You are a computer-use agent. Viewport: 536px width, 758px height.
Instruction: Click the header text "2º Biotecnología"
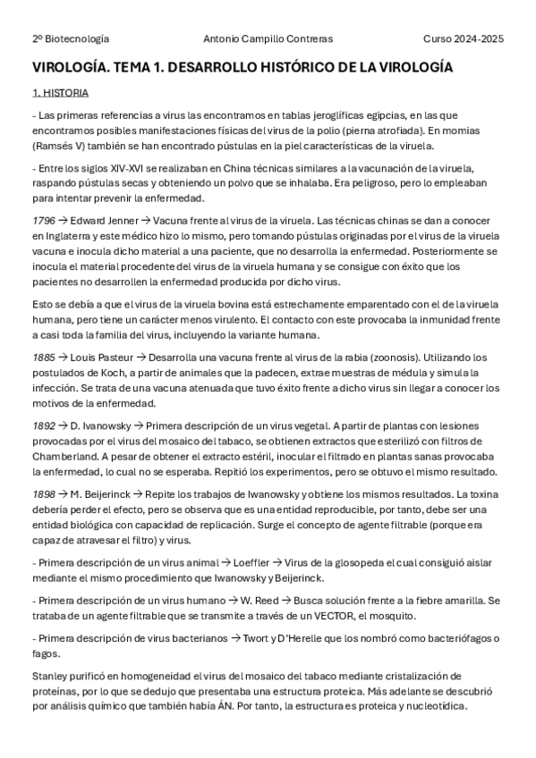pos(71,39)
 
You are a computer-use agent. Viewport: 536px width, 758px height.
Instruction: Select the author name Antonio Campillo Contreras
pos(268,39)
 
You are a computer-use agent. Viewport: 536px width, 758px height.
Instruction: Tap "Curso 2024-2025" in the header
pos(464,39)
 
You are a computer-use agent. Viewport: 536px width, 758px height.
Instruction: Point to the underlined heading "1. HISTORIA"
pos(60,92)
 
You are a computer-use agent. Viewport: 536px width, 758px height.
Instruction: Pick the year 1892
pos(44,425)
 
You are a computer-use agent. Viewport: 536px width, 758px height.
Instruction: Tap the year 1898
pos(44,493)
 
